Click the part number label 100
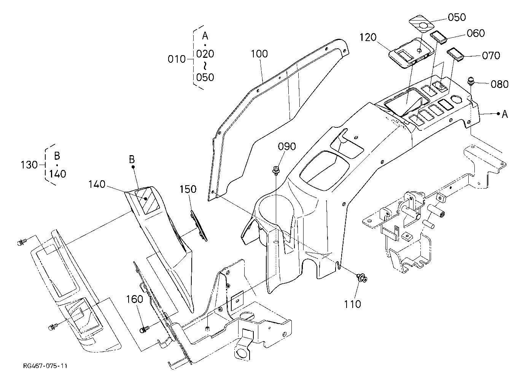tap(259, 54)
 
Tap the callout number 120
tap(368, 37)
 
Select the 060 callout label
tap(476, 33)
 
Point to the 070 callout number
tap(491, 56)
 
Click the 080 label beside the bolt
tap(500, 84)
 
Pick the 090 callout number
tap(287, 146)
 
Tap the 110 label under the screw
tap(353, 304)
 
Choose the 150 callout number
tap(188, 189)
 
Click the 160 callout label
tap(135, 299)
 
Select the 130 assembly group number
tap(29, 165)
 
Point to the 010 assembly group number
tap(177, 59)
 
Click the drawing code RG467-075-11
tap(45, 366)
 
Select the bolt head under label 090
tap(276, 170)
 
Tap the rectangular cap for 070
tap(455, 54)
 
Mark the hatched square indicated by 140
tap(147, 200)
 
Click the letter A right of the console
tap(505, 114)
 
